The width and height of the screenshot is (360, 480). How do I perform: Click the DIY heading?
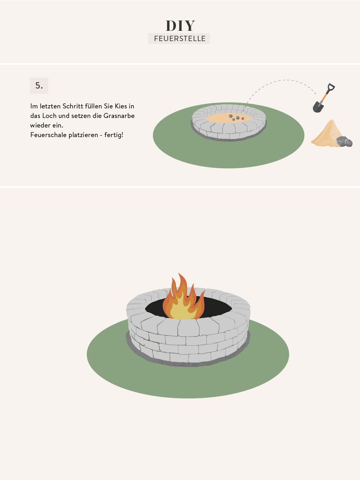(x=180, y=26)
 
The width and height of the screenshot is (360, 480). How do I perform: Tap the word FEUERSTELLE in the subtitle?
(x=179, y=39)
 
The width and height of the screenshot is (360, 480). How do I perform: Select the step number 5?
(x=39, y=85)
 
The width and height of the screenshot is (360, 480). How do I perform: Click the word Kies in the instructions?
(x=121, y=106)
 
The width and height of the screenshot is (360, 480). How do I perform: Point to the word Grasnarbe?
(x=119, y=116)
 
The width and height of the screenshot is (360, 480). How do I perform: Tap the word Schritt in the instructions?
(x=73, y=106)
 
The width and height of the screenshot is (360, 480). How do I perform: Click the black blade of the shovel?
(x=318, y=107)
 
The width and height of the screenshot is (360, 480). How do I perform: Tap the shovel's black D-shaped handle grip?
(x=331, y=86)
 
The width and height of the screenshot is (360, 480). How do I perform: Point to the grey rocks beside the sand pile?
(x=344, y=141)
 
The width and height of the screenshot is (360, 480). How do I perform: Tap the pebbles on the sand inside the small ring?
(x=236, y=117)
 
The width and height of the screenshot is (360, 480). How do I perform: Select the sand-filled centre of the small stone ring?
(x=228, y=118)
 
